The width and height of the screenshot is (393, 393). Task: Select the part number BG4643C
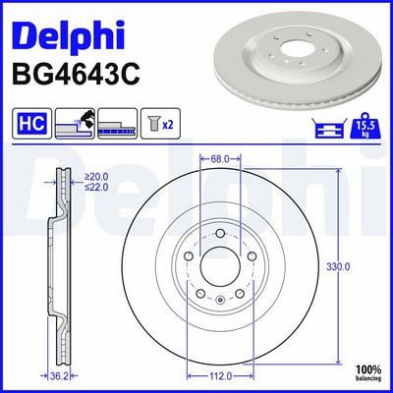tap(76, 75)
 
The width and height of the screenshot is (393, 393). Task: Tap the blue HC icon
tap(31, 124)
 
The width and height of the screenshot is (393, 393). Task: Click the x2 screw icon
tap(160, 124)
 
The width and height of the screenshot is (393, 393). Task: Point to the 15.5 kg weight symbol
tap(365, 126)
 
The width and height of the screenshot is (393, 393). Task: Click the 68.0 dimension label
tap(220, 159)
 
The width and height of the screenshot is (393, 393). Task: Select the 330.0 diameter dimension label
tap(338, 267)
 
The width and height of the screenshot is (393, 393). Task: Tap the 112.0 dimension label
tap(219, 376)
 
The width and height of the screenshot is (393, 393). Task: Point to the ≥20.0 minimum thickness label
tap(96, 177)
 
